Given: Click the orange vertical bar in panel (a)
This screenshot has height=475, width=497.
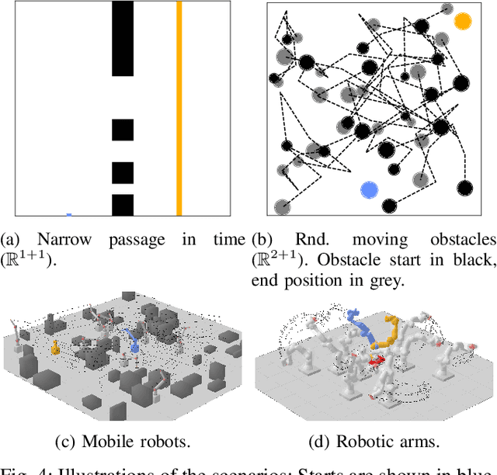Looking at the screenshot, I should (179, 109).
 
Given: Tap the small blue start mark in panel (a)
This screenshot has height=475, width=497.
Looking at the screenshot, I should (69, 214).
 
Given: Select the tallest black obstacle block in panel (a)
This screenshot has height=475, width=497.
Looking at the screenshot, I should (123, 39).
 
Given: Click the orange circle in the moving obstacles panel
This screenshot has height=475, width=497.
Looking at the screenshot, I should (462, 21).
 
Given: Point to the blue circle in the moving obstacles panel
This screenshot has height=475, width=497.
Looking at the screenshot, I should (369, 189).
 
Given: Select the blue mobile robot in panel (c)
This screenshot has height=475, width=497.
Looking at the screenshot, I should (133, 340).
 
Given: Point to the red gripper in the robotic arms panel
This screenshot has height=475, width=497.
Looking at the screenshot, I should (376, 359).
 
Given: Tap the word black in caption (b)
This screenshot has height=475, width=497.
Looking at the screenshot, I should (474, 260).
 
